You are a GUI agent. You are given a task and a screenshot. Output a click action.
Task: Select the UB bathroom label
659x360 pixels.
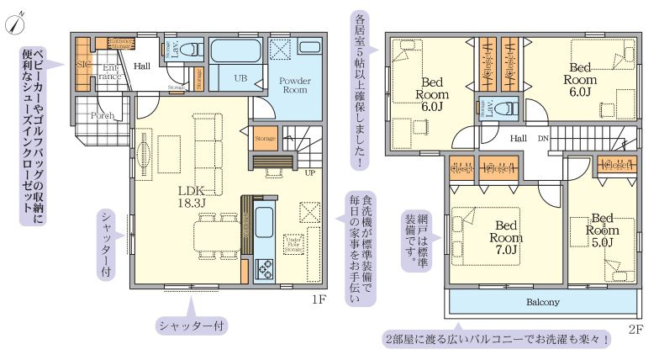[240, 77]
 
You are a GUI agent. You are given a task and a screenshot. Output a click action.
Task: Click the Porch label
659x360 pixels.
[103, 116]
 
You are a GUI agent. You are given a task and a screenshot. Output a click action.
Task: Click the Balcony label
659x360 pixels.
[543, 301]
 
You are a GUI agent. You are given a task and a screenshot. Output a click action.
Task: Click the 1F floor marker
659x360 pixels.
[319, 300]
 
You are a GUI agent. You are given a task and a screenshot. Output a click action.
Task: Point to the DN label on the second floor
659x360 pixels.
[543, 138]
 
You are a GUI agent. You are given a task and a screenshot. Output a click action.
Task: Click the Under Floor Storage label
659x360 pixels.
[293, 243]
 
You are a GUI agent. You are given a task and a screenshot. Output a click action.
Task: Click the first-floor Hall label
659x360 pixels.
[142, 65]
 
